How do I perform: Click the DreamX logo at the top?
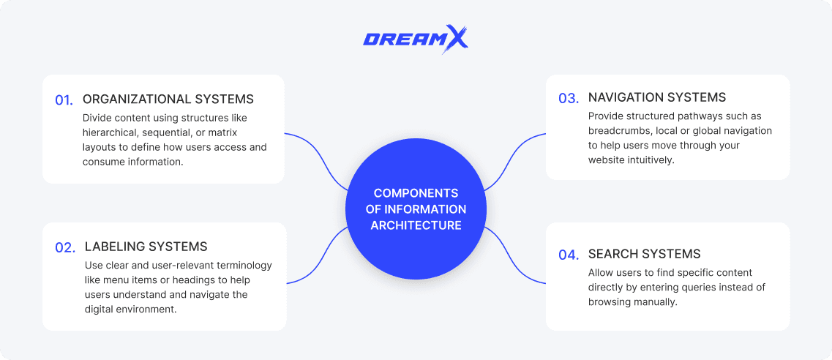[x=415, y=40]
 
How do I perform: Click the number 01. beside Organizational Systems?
[x=64, y=100]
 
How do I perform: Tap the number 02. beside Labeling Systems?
[x=65, y=248]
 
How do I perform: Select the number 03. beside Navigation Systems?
[x=569, y=99]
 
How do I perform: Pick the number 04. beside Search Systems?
[x=569, y=255]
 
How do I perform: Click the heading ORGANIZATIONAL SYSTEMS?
[x=168, y=100]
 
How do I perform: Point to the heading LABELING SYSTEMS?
[x=146, y=247]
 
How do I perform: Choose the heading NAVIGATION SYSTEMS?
[x=657, y=97]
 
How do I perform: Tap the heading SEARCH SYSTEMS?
[x=644, y=254]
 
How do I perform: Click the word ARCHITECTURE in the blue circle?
[x=416, y=225]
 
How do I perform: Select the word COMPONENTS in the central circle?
[x=416, y=193]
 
